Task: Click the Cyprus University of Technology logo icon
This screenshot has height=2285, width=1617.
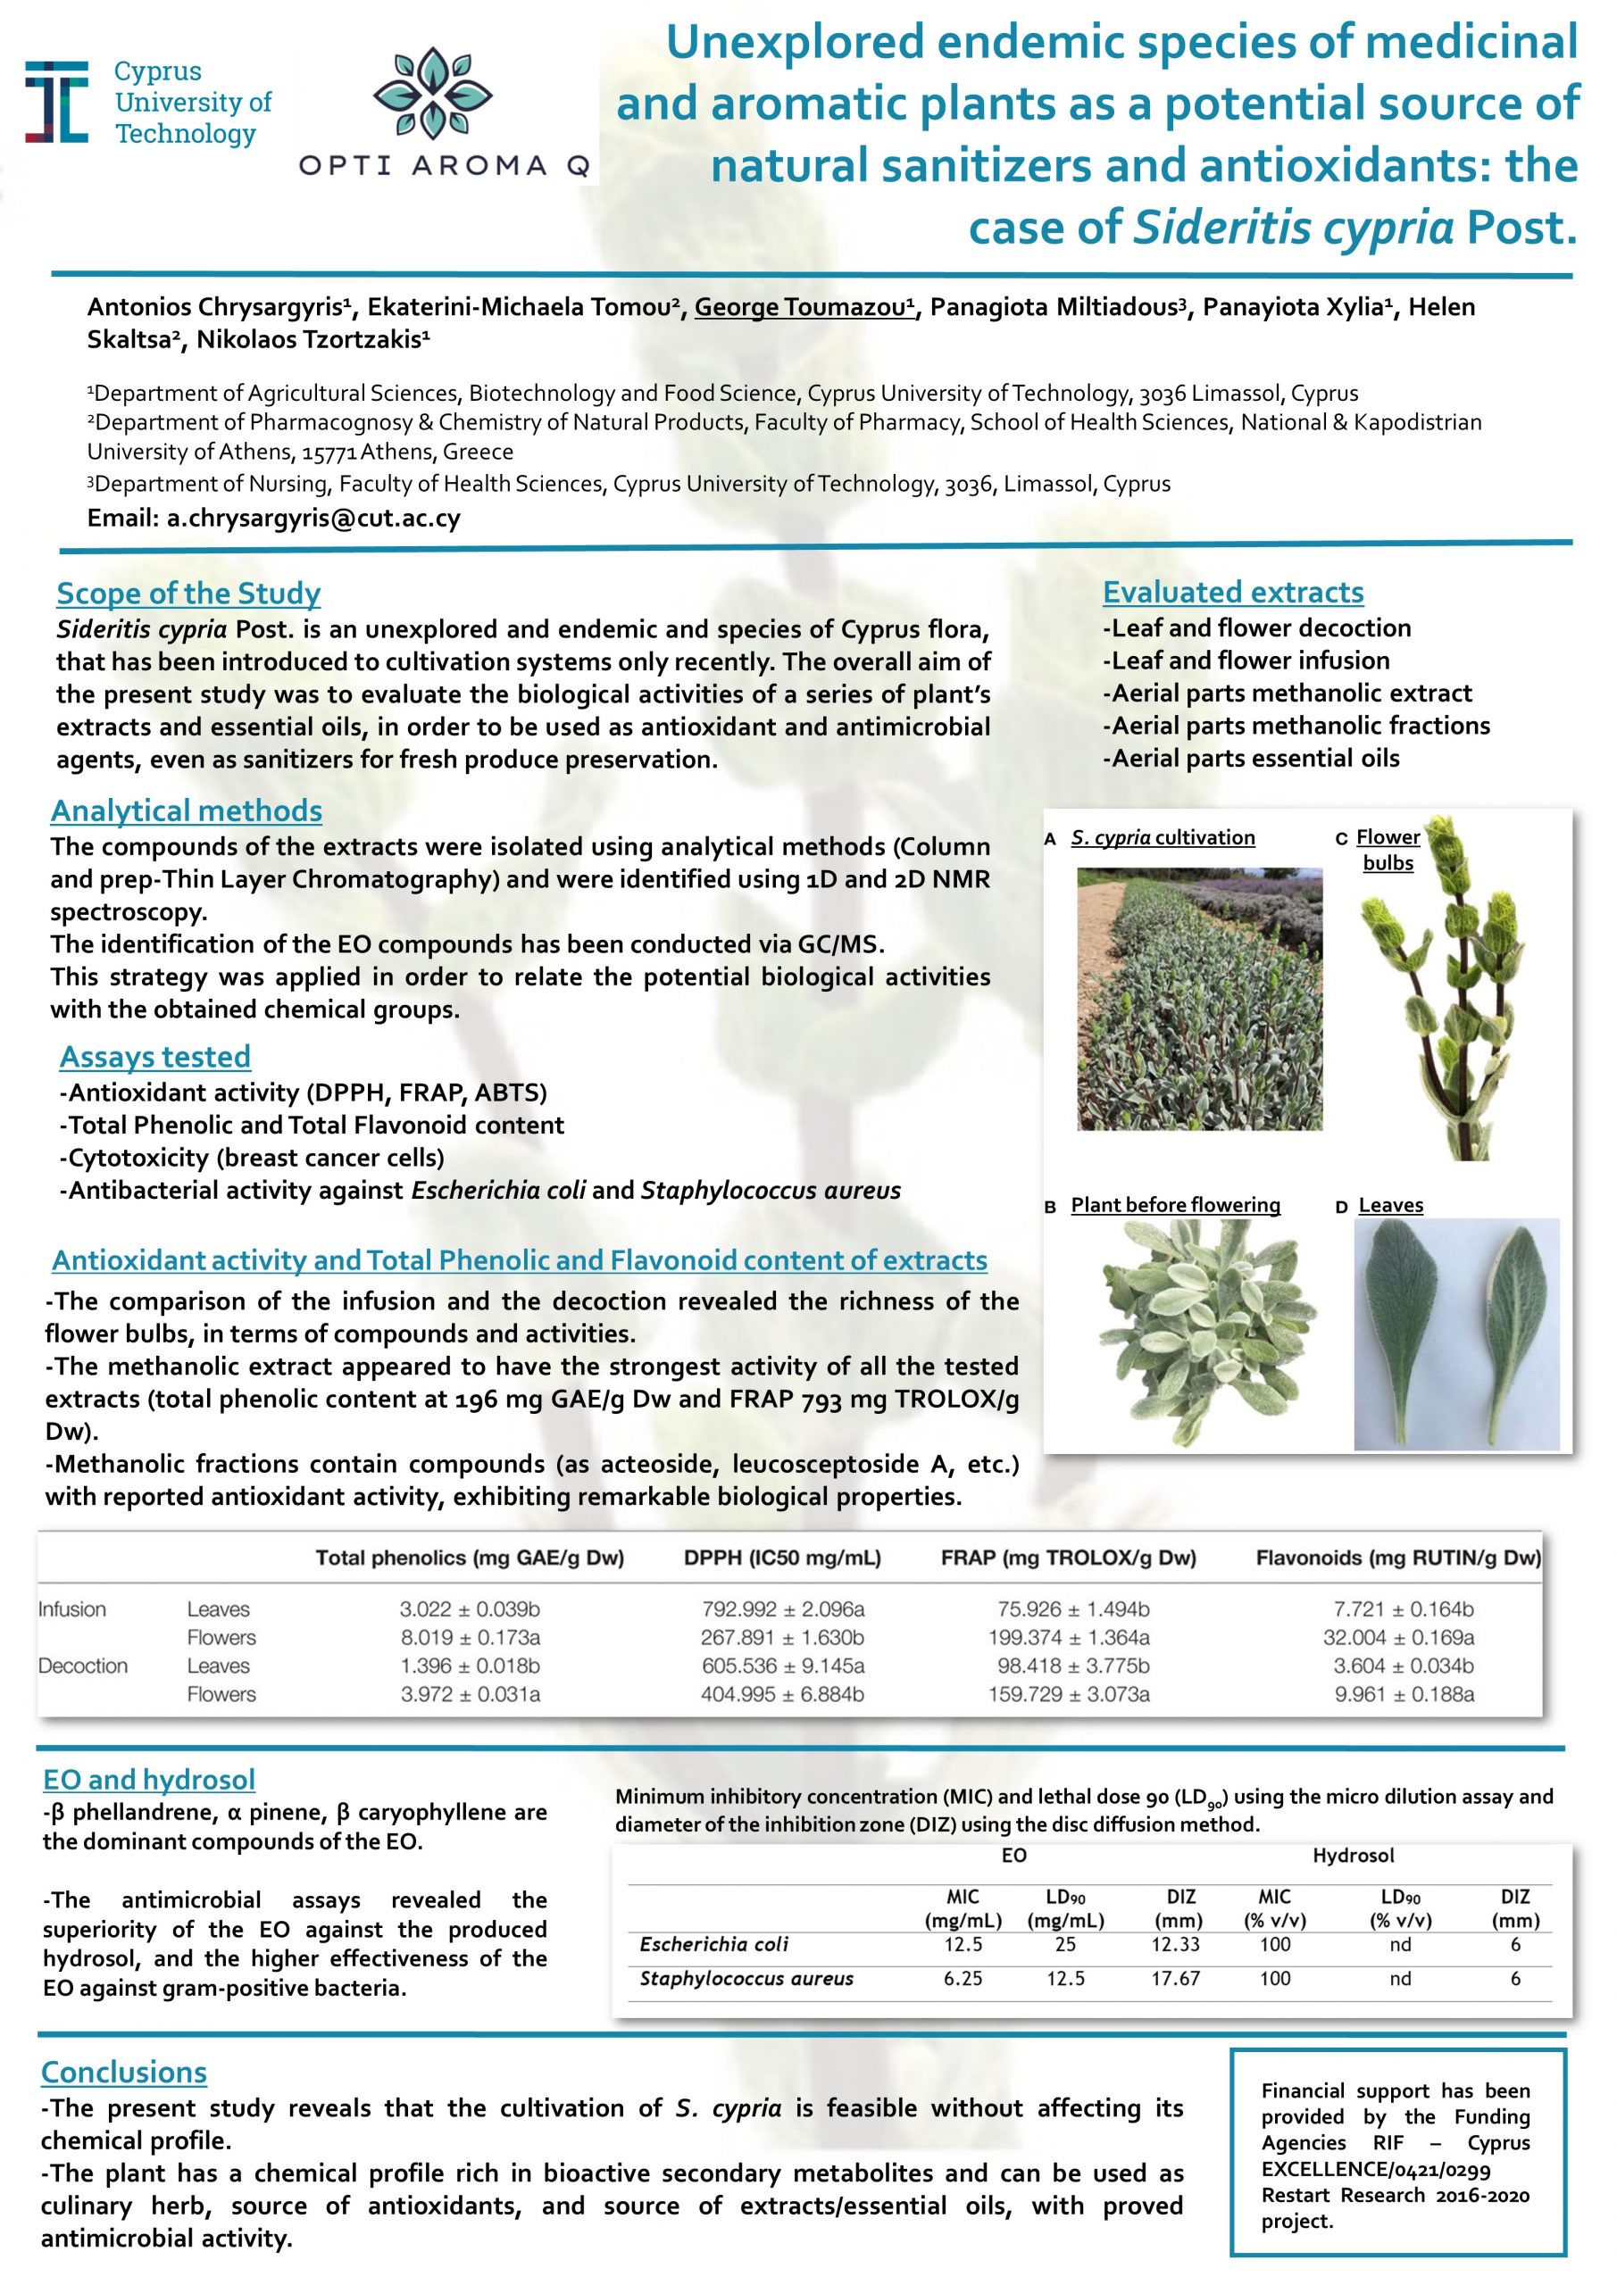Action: pyautogui.click(x=57, y=102)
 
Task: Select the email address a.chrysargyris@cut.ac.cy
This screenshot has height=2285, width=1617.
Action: pyautogui.click(x=313, y=519)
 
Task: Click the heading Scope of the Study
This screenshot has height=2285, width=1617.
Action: pyautogui.click(x=188, y=594)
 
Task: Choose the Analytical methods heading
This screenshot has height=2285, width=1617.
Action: pyautogui.click(x=187, y=811)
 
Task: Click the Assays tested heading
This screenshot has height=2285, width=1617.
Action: pyautogui.click(x=154, y=1057)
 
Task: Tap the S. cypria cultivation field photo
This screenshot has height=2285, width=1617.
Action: pyautogui.click(x=1200, y=999)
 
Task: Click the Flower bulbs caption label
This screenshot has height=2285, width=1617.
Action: pyautogui.click(x=1388, y=850)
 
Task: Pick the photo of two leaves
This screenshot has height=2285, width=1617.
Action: pyautogui.click(x=1455, y=1334)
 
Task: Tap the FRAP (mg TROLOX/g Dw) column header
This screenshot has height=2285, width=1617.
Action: pyautogui.click(x=1069, y=1558)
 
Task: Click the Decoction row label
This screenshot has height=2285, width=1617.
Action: pyautogui.click(x=83, y=1666)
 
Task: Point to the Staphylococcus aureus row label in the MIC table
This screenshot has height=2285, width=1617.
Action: pyautogui.click(x=746, y=1979)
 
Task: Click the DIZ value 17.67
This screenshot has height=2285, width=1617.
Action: pyautogui.click(x=1176, y=1979)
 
